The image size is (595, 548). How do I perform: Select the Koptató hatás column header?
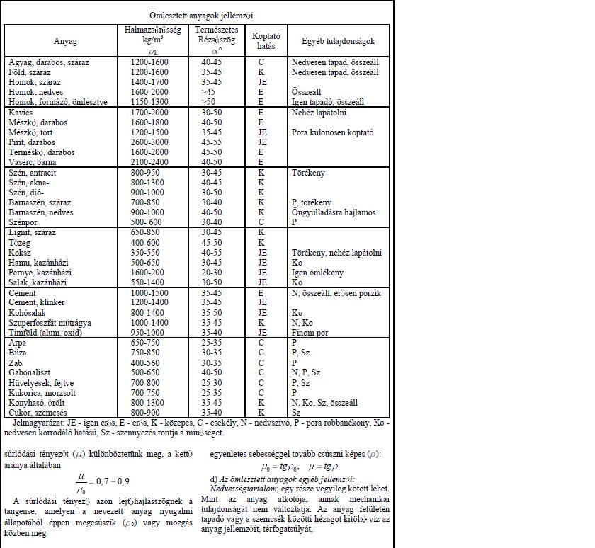(266, 42)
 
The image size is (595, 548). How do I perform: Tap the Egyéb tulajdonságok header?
(339, 42)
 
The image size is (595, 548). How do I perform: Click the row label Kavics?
(21, 112)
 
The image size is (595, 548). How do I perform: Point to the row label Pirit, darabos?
(31, 142)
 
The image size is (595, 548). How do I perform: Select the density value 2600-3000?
(149, 142)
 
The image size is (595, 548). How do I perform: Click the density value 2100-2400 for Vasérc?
(149, 161)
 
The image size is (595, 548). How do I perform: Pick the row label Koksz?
(20, 252)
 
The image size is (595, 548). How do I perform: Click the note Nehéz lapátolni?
(319, 112)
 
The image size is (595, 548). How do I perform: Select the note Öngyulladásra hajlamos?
(334, 212)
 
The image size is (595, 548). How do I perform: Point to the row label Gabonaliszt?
(32, 372)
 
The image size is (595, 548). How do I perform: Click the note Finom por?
(310, 332)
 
